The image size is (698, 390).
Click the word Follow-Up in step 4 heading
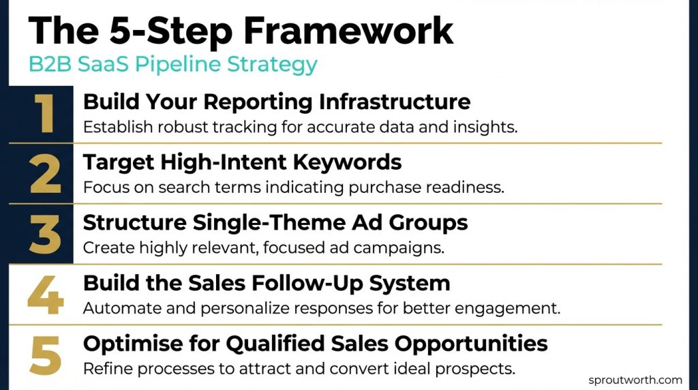(291, 283)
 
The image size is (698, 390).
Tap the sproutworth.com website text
(635, 380)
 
